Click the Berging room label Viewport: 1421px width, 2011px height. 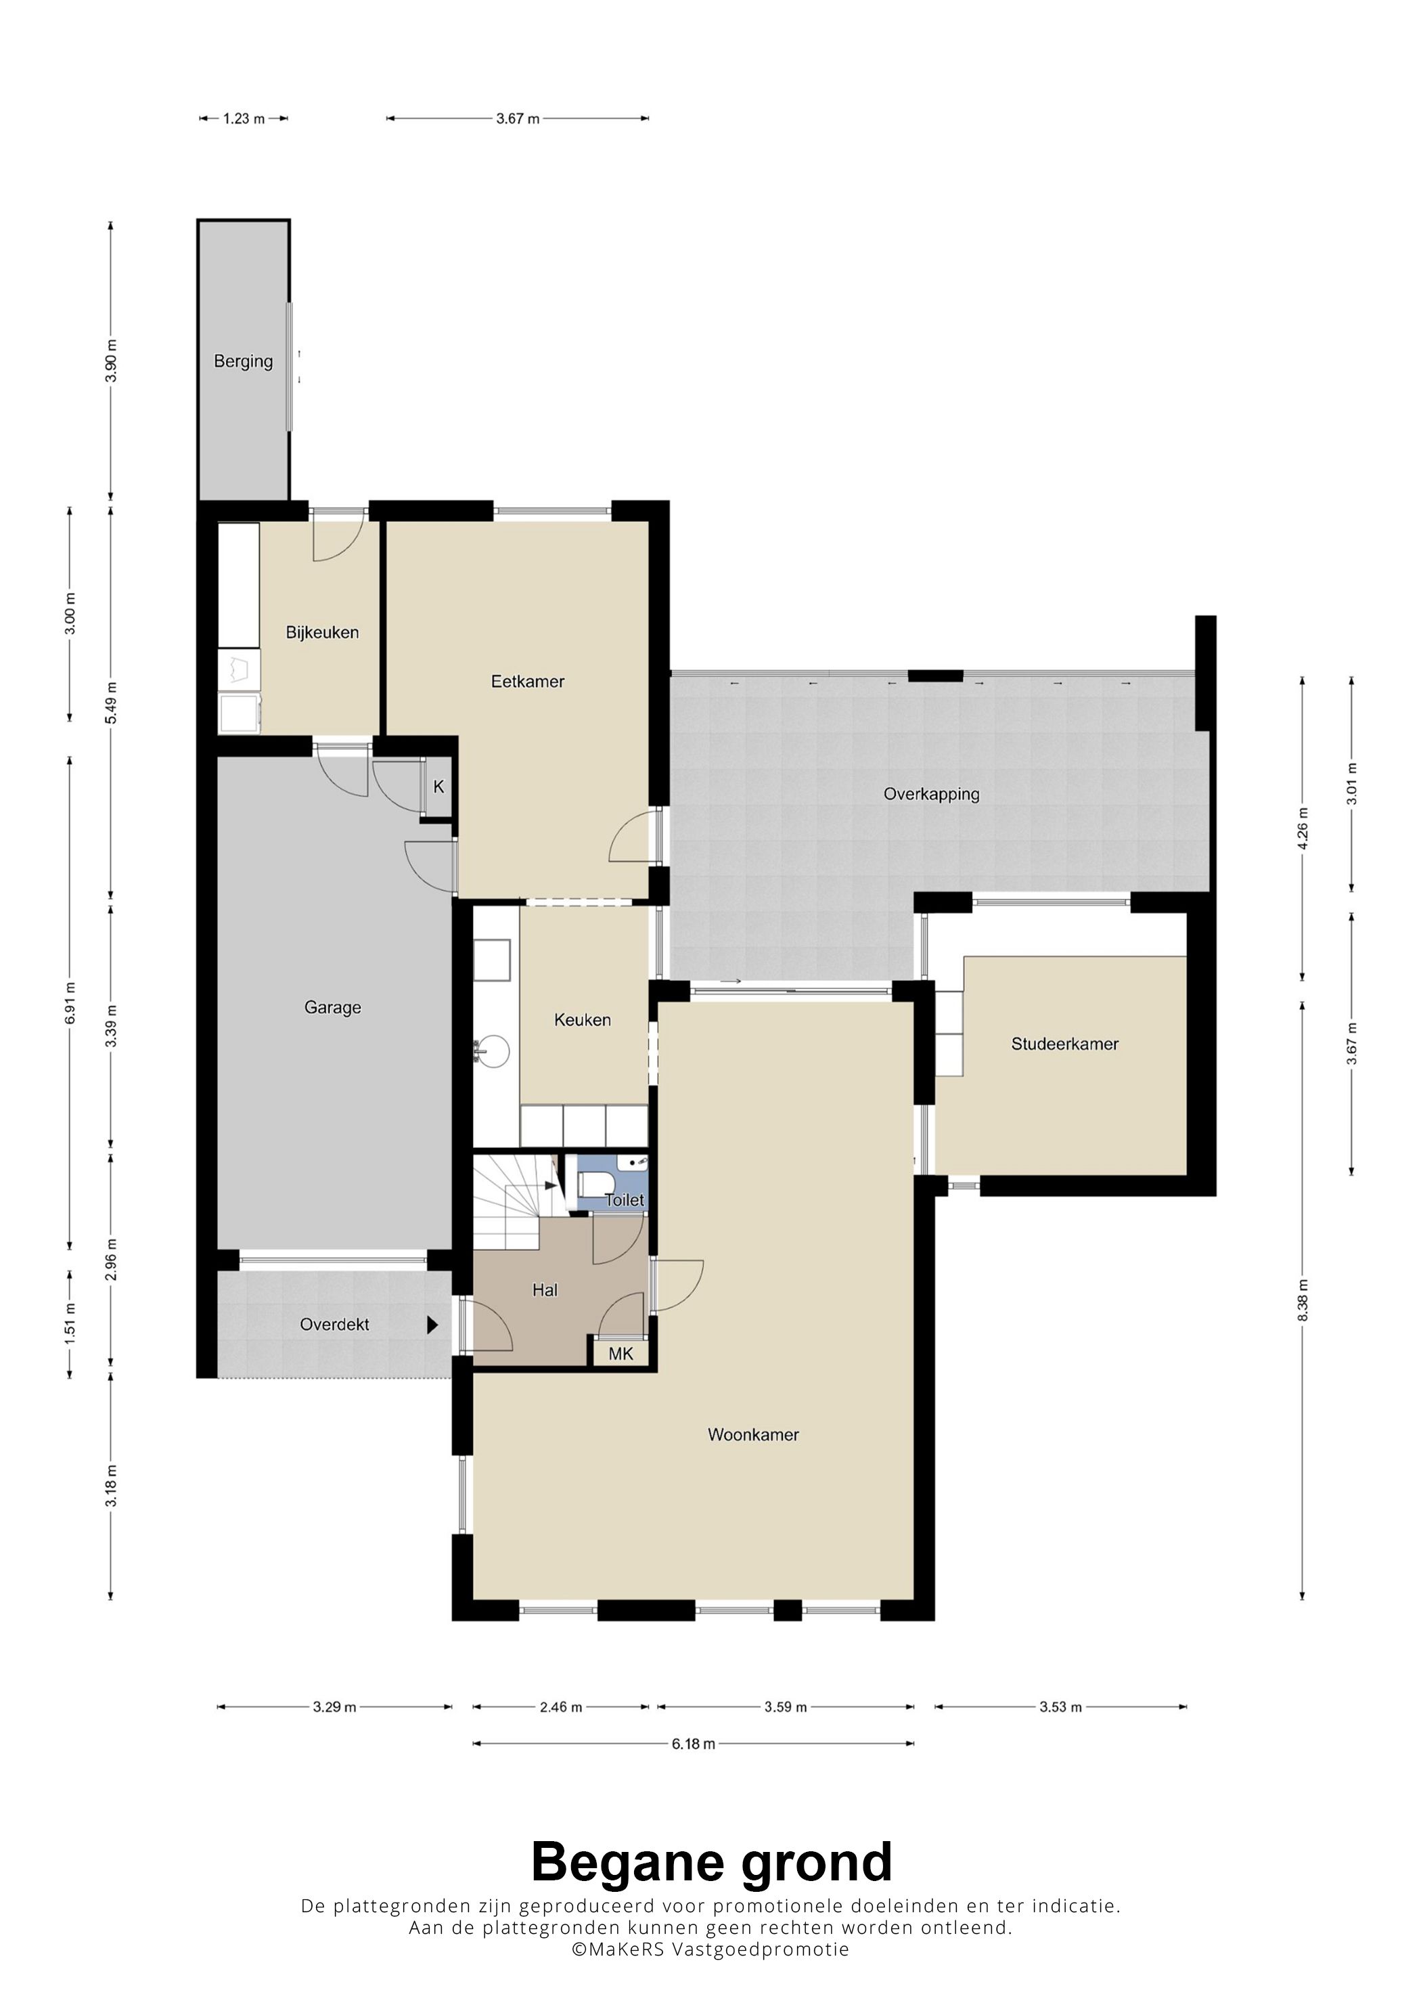[244, 361]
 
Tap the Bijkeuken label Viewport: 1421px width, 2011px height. [322, 632]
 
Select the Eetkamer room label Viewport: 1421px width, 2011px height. [527, 682]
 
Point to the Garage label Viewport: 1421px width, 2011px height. [333, 1008]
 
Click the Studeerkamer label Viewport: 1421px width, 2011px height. [1064, 1044]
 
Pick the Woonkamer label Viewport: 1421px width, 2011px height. [753, 1435]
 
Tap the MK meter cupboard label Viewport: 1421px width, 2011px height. [621, 1354]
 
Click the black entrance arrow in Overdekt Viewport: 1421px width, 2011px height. [432, 1325]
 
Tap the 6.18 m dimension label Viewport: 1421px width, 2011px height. [694, 1744]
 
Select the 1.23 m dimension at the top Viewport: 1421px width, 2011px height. [244, 118]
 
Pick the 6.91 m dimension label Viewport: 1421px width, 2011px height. [70, 1003]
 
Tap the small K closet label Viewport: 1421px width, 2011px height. [438, 787]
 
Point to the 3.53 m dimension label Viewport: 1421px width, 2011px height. [1061, 1707]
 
